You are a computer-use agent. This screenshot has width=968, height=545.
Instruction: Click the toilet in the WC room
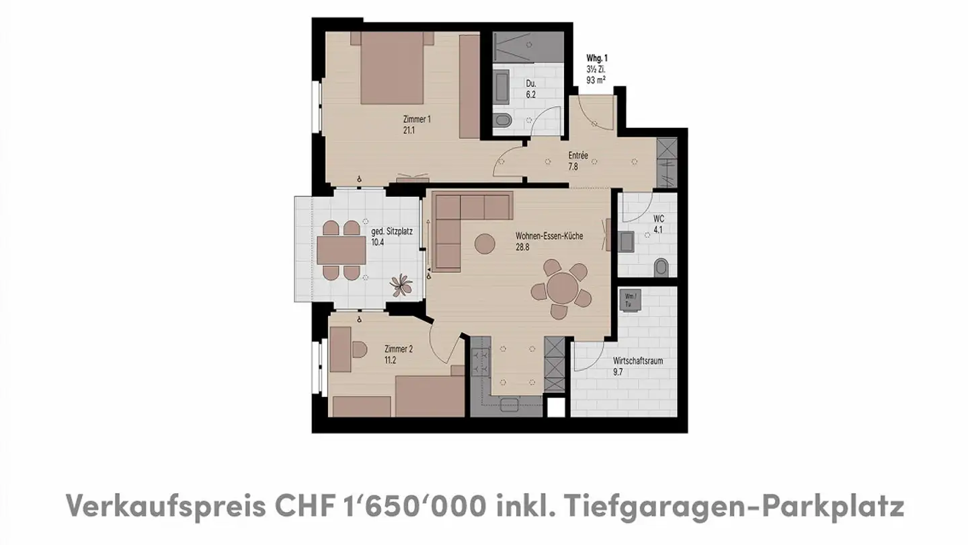[x=661, y=268]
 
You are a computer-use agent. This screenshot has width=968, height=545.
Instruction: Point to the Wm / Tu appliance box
[x=629, y=300]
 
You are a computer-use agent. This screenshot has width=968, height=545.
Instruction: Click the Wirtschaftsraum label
[x=637, y=361]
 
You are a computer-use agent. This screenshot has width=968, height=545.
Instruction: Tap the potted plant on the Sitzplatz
[x=402, y=285]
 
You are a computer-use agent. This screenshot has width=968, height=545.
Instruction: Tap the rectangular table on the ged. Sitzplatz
[x=341, y=251]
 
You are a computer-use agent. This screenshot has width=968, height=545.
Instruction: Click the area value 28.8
[x=523, y=247]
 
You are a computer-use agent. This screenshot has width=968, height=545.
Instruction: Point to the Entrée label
[x=578, y=156]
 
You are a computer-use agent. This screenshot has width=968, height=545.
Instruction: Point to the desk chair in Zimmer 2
[x=358, y=349]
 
